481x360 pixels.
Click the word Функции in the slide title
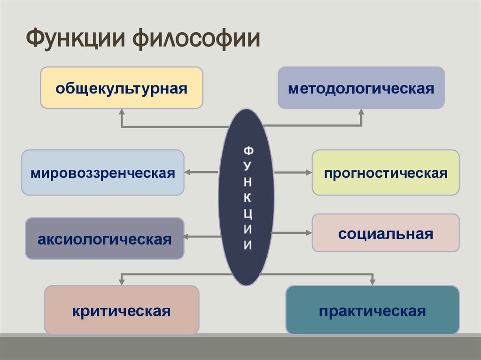point(75,39)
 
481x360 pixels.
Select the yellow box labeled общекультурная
point(122,88)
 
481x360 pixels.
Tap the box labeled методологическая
point(361,88)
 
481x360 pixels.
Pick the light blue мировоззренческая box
point(103,172)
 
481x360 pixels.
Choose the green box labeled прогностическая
point(386,172)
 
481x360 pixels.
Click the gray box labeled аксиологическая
point(105,238)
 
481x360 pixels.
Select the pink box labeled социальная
point(386,233)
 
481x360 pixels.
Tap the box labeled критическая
point(122,310)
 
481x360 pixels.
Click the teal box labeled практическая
point(372,310)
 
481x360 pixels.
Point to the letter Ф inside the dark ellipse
point(248,151)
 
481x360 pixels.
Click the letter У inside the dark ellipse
point(248,167)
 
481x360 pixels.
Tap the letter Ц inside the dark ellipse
point(248,214)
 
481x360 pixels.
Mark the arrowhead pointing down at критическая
point(122,281)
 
